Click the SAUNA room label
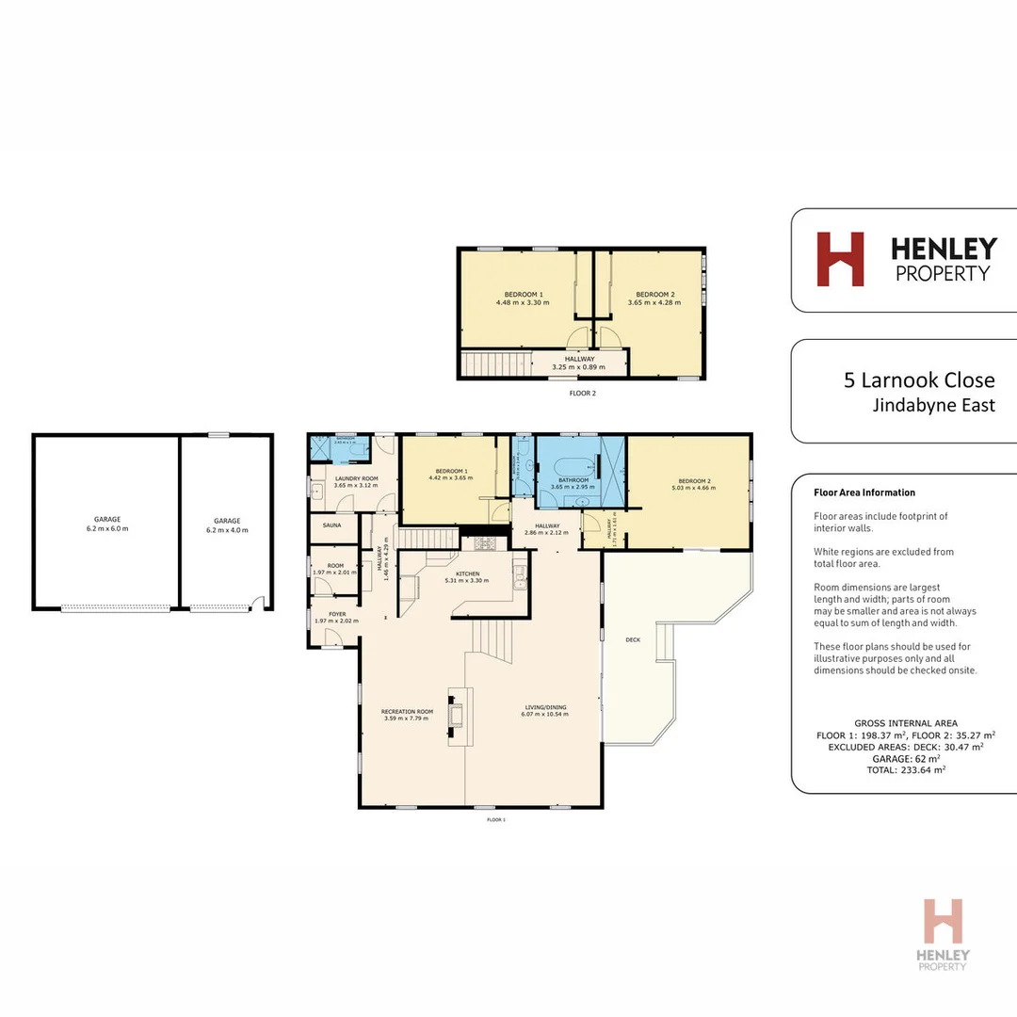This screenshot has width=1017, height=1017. pos(331,525)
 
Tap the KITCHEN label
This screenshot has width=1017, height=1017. pos(468,573)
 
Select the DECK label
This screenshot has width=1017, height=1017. pos(633,639)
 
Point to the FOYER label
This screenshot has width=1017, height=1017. pos(336,613)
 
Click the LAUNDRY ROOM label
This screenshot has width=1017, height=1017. pos(356,479)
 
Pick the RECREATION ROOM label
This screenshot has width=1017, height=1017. pos(406,711)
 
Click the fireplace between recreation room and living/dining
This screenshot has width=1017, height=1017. pos(457,714)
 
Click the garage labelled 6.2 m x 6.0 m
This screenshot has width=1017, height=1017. pos(106,524)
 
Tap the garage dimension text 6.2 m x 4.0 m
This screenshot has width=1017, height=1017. pos(227,530)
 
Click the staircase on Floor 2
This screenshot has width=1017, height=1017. pos(495,363)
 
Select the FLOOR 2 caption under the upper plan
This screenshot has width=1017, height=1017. pos(583,394)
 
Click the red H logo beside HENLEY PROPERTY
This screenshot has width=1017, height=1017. pos(840,259)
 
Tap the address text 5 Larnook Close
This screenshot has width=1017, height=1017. pos(919,380)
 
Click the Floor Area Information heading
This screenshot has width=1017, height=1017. pos(864,492)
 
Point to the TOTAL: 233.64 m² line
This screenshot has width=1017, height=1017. pos(905,769)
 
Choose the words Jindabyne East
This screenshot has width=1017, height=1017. pos(934,406)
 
